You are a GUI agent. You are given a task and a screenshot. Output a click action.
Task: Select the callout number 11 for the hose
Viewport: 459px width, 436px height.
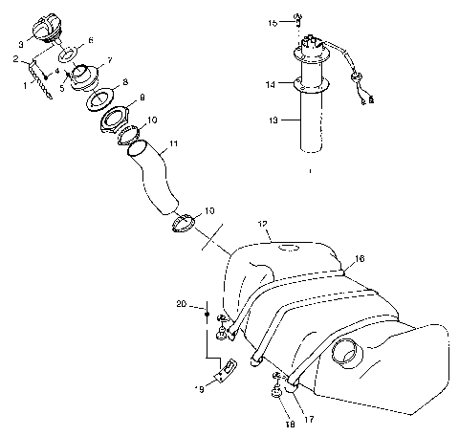(x=172, y=146)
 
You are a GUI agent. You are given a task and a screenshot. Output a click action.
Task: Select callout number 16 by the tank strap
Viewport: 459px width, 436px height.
(x=360, y=258)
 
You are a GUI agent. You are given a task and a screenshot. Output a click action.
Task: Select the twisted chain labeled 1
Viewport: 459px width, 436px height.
(x=41, y=79)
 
